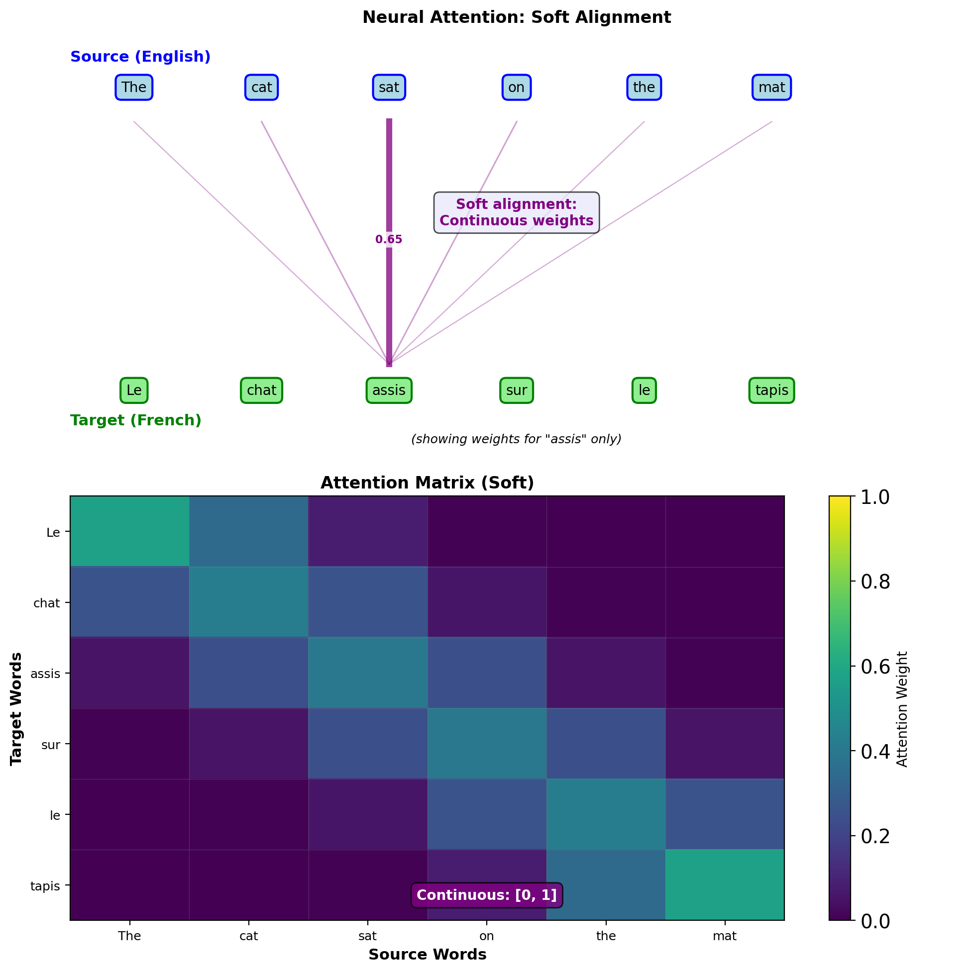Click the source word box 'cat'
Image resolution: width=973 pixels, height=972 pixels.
point(261,88)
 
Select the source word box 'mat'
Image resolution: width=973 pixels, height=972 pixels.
point(771,88)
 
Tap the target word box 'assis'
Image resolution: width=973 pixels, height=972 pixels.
point(389,390)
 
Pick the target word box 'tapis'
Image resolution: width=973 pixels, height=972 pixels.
point(771,390)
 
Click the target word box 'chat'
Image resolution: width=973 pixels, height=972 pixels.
point(261,390)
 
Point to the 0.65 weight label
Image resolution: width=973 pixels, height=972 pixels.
point(389,240)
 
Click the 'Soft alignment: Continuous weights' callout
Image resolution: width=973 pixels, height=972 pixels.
point(517,212)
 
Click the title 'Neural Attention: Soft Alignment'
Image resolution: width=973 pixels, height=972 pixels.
point(517,17)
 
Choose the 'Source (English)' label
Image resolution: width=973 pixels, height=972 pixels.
point(140,57)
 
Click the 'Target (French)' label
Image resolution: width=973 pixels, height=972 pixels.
point(136,420)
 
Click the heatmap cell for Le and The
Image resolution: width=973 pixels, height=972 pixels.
point(129,532)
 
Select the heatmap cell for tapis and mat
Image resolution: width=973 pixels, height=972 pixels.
point(725,885)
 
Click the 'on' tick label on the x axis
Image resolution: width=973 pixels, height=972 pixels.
point(487,936)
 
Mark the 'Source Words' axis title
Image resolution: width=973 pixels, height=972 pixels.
point(427,955)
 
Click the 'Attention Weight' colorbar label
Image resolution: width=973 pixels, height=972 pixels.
point(902,709)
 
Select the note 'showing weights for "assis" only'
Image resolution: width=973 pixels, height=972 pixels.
point(517,439)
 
